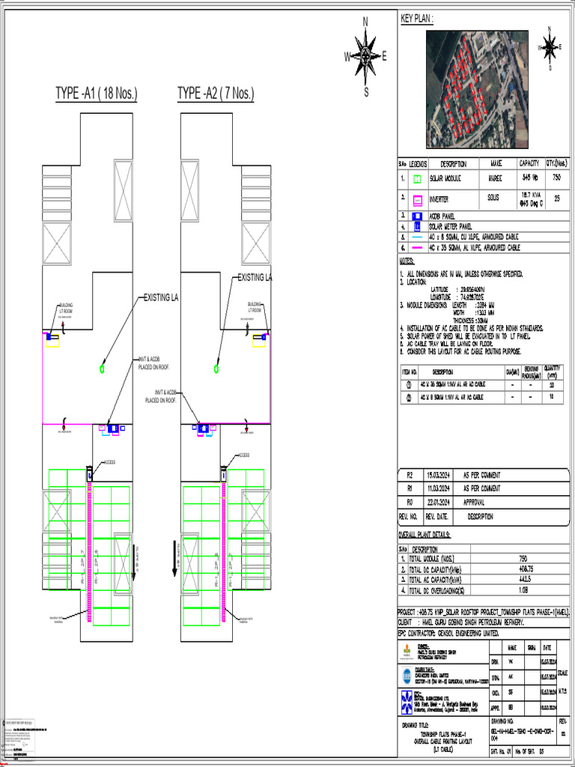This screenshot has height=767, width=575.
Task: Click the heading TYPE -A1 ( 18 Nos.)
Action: [96, 94]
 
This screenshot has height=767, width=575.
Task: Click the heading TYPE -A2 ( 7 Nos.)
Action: [216, 94]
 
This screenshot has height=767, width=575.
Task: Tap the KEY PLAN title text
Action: [417, 18]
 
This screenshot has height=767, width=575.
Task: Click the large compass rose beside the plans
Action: [365, 56]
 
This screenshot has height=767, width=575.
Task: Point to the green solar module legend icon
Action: [418, 180]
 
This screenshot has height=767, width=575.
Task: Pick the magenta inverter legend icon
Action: [418, 201]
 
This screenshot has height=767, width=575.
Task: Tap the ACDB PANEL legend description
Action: [443, 216]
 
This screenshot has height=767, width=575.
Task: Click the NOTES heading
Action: [407, 261]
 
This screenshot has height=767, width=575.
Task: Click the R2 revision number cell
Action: [410, 476]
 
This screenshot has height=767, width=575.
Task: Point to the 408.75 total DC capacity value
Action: [523, 569]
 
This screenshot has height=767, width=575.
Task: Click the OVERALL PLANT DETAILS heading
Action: [425, 535]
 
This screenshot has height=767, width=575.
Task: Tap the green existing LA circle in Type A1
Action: [102, 369]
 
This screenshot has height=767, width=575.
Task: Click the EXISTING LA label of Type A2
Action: [255, 278]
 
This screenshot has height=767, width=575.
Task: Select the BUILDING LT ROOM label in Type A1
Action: [66, 307]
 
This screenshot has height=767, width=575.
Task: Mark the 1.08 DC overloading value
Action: [523, 589]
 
